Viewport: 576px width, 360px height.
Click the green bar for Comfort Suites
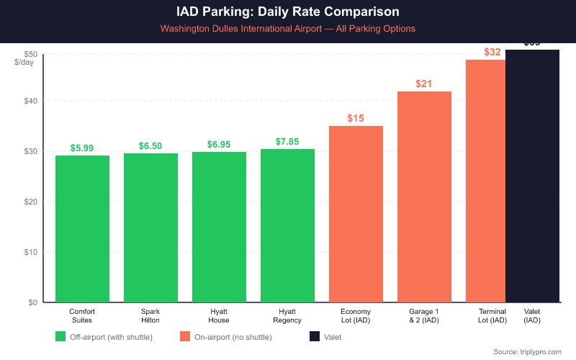pyautogui.click(x=82, y=229)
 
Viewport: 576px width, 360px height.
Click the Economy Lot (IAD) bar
pyautogui.click(x=356, y=214)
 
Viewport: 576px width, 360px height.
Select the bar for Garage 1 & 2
pyautogui.click(x=424, y=197)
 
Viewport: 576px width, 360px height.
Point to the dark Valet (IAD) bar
pyautogui.click(x=532, y=176)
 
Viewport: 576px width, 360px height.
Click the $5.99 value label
pyautogui.click(x=82, y=148)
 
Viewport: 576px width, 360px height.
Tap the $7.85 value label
pyautogui.click(x=287, y=141)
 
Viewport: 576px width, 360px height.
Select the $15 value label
pyautogui.click(x=356, y=118)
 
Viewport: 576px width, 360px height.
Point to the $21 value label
pyautogui.click(x=424, y=84)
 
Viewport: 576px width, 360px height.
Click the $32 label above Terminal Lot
pyautogui.click(x=492, y=52)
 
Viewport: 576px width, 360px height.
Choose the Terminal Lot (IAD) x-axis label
pyautogui.click(x=492, y=315)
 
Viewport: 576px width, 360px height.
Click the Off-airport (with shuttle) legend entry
pyautogui.click(x=104, y=336)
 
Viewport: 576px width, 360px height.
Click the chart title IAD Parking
pyautogui.click(x=288, y=12)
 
